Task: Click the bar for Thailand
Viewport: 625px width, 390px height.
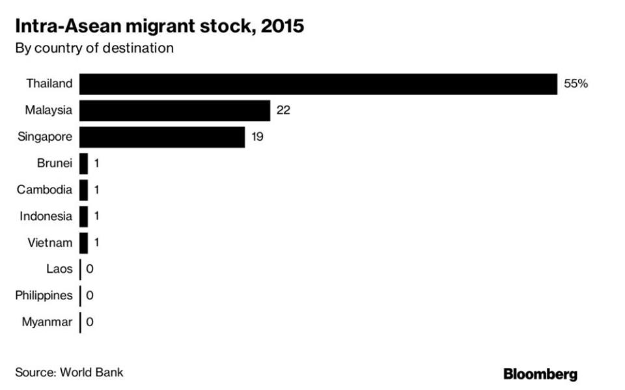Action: click(318, 84)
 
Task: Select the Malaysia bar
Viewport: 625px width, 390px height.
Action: click(174, 111)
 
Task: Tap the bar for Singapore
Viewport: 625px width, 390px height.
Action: click(162, 137)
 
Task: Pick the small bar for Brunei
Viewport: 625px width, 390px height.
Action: click(83, 164)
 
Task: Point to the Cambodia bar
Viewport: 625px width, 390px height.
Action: click(83, 190)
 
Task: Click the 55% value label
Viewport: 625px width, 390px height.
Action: click(576, 84)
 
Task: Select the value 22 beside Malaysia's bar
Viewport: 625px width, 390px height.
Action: click(283, 111)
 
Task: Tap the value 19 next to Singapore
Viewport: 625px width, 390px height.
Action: click(258, 137)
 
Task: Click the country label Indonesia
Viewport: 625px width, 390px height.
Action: click(46, 216)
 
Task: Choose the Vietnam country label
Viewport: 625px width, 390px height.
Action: click(50, 243)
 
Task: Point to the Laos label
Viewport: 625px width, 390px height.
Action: click(59, 269)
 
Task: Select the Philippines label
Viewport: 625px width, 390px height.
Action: click(44, 296)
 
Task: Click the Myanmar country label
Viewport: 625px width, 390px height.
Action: click(47, 322)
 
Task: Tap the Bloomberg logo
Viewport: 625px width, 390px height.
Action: click(540, 374)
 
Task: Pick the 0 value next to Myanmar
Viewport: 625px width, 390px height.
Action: click(90, 322)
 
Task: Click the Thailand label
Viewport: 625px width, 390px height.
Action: click(49, 84)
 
